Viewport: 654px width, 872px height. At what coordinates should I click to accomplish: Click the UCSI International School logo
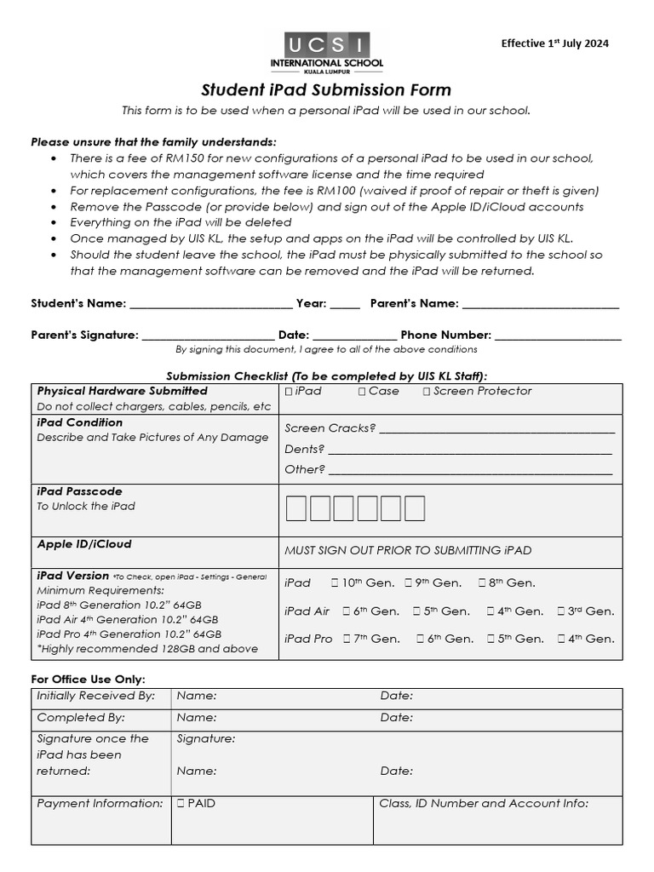click(x=326, y=53)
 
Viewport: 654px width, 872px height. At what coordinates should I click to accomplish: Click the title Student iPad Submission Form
click(x=326, y=90)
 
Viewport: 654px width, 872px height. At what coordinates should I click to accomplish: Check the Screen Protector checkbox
click(x=427, y=392)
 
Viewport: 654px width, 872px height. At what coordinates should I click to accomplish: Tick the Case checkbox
click(x=362, y=392)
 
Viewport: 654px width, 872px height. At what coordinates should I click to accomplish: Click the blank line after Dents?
click(x=470, y=450)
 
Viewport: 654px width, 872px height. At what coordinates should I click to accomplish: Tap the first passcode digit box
click(x=296, y=509)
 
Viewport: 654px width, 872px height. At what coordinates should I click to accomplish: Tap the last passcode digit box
click(x=415, y=509)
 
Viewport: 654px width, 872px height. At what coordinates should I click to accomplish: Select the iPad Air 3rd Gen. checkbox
click(x=561, y=611)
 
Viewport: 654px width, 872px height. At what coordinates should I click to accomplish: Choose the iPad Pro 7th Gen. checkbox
click(x=347, y=639)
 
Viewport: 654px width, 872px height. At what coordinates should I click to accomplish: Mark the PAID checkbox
click(x=181, y=803)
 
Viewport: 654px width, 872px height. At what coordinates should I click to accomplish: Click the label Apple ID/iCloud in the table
click(x=84, y=544)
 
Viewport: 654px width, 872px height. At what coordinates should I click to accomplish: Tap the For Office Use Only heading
click(x=88, y=679)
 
